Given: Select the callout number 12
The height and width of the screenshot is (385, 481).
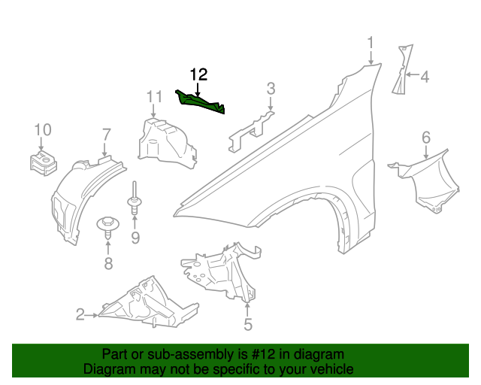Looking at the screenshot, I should [x=198, y=74].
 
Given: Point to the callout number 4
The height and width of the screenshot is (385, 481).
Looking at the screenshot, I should [x=424, y=76].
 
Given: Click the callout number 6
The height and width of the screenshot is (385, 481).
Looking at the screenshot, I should [x=425, y=137].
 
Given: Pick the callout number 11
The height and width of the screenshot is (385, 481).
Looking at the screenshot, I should [x=154, y=96].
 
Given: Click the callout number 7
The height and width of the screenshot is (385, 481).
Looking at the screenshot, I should [x=106, y=135].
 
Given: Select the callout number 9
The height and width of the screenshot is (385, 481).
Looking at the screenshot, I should [x=135, y=238].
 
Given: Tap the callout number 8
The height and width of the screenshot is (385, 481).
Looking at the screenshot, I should [x=108, y=263].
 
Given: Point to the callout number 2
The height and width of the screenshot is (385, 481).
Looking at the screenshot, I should [x=80, y=315].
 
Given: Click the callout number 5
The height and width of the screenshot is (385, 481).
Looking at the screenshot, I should [x=247, y=325].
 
